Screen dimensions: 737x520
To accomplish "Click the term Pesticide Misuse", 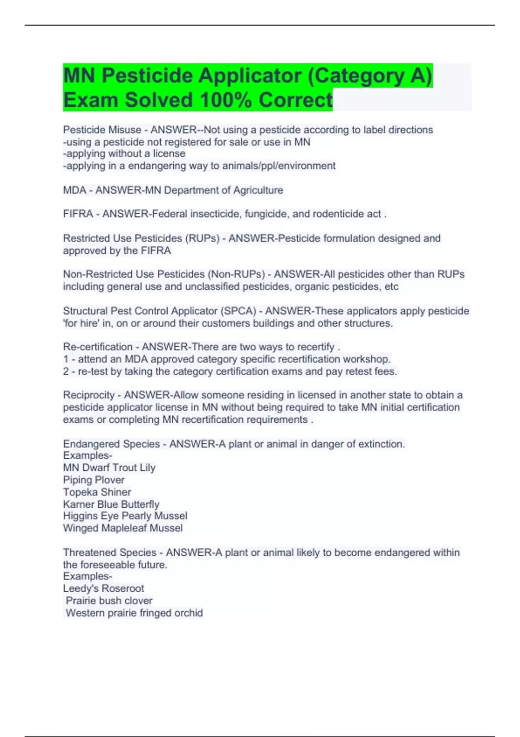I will pos(102,130).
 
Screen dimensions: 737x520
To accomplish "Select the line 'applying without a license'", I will pos(124,153).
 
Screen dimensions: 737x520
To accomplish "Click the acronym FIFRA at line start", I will pos(78,214).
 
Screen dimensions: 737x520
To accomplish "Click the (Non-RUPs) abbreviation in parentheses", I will pos(236,274).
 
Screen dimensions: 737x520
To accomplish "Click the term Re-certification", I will pos(98,347).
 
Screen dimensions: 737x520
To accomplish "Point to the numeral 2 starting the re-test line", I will pos(66,371).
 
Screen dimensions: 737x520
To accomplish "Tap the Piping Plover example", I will pos(94,480).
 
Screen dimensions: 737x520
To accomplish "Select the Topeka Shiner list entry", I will pos(97,492).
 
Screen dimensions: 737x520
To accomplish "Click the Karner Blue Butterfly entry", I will pos(111,504).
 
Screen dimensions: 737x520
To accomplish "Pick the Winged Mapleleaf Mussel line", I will pos(123,528).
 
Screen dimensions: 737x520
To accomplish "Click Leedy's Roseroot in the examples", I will pos(104,588).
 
